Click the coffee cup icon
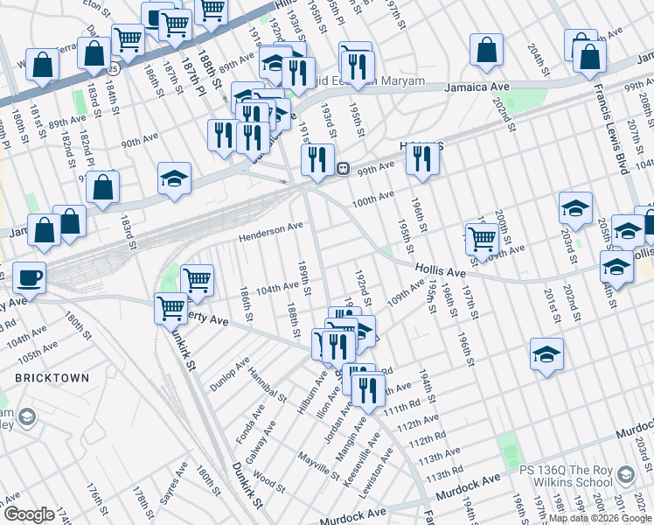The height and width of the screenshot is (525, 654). [x=28, y=277]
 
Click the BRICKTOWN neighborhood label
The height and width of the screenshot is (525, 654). [x=51, y=378]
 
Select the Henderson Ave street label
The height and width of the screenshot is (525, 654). [x=272, y=229]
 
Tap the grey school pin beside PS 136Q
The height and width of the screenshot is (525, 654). [x=624, y=474]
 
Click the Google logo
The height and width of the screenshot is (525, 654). [x=28, y=514]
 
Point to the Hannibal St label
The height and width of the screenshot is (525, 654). [x=265, y=381]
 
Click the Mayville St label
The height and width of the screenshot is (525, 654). [x=317, y=465]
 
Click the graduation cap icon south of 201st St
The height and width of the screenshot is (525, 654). [x=546, y=353]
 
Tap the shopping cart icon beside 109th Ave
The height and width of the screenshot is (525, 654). [x=482, y=237]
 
